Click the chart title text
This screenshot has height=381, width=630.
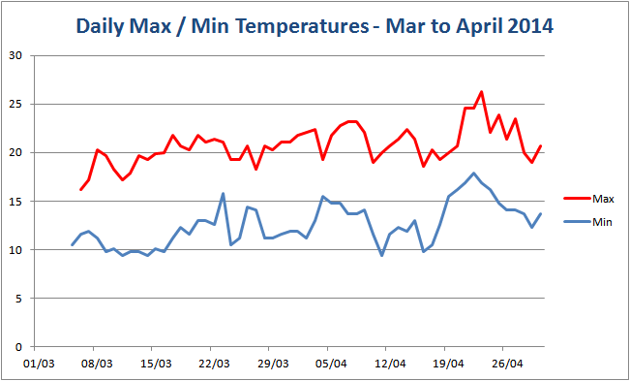(x=315, y=26)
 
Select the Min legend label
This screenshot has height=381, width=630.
(x=601, y=222)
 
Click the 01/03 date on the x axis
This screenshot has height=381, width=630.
(x=38, y=365)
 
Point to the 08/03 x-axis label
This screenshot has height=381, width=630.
(x=97, y=365)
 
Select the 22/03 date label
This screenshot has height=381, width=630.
(x=214, y=365)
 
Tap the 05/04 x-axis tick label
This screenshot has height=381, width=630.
(x=331, y=365)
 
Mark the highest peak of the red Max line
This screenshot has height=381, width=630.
(x=481, y=91)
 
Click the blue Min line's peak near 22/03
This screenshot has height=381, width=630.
(x=223, y=193)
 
